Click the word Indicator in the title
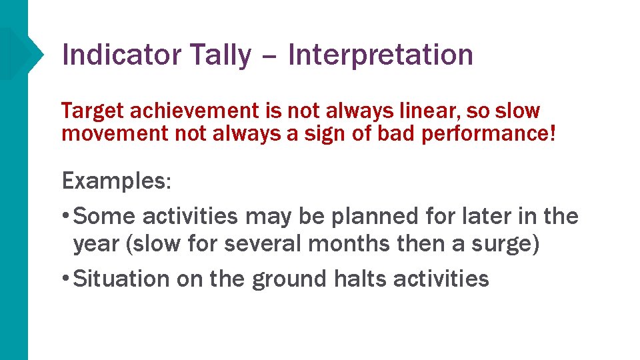120,55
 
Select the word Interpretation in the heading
381,55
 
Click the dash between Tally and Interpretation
270,56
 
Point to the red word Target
88,111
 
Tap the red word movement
115,133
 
